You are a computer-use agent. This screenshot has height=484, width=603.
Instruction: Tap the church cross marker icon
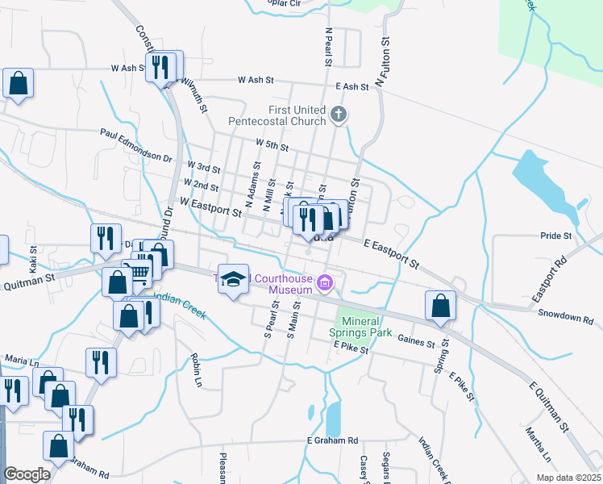pyautogui.click(x=339, y=115)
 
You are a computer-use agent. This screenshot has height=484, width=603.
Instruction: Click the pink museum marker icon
pyautogui.click(x=326, y=282)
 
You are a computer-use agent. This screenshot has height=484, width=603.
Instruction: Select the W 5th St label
pyautogui.click(x=272, y=144)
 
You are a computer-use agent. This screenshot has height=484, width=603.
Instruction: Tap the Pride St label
pyautogui.click(x=555, y=236)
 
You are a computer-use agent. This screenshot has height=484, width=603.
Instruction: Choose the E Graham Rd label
pyautogui.click(x=331, y=440)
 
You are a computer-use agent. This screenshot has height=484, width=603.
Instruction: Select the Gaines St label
pyautogui.click(x=416, y=343)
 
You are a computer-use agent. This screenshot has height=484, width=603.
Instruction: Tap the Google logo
pyautogui.click(x=27, y=474)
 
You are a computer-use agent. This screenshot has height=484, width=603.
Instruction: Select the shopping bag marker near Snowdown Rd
pyautogui.click(x=440, y=306)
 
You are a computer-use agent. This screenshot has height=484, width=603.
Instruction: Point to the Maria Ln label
pyautogui.click(x=22, y=358)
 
